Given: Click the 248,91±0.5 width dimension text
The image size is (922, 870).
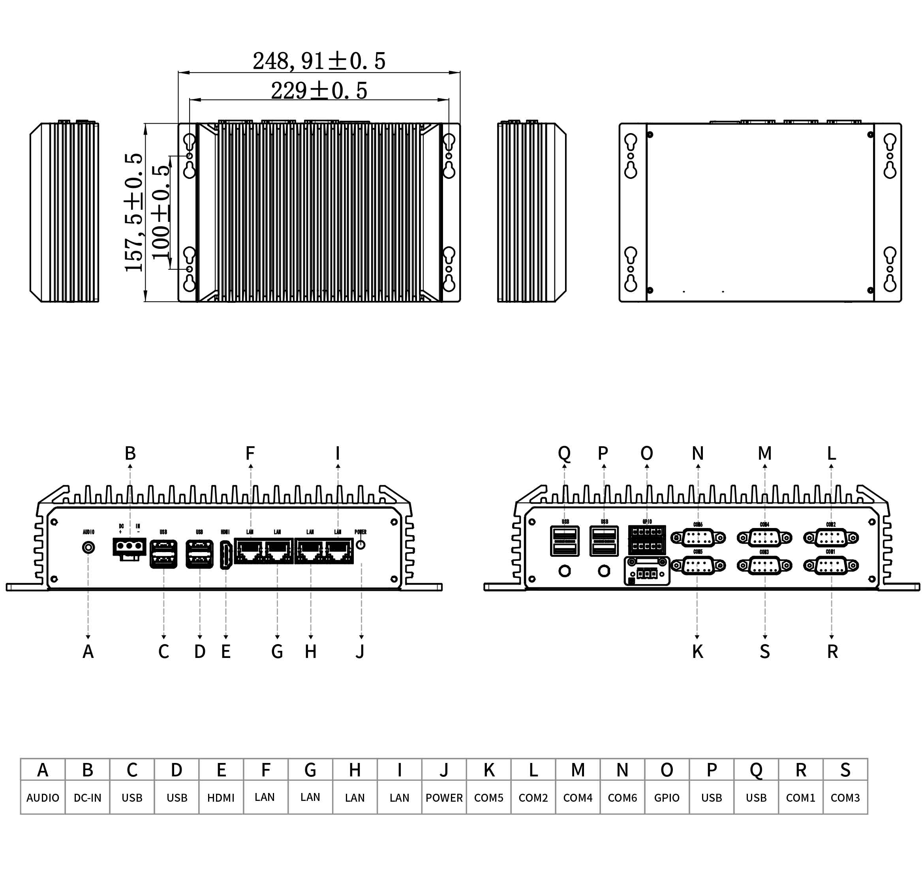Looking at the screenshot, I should coord(319,61).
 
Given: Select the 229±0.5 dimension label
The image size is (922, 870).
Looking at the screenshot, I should coord(319,90).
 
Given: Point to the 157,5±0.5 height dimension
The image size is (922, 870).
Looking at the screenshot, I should coord(133,212).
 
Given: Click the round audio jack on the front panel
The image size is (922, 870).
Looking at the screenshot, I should coord(88,548).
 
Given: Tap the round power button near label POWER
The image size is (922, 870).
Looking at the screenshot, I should coord(361,545).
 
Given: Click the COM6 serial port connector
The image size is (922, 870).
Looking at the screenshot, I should coord(698,538).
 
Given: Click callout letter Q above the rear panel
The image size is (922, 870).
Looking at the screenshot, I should coord(564,453).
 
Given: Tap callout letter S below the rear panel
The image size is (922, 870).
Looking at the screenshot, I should coord(765,652).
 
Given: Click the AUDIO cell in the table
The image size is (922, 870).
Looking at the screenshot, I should coord(43,798).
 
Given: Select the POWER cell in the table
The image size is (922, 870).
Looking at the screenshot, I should coord(444,798).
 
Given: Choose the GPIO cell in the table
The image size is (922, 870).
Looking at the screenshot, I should coord(667,798).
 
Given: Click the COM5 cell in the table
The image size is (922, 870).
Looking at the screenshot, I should coord(488,798).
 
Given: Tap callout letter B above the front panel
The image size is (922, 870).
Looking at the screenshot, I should coord(130,453).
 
